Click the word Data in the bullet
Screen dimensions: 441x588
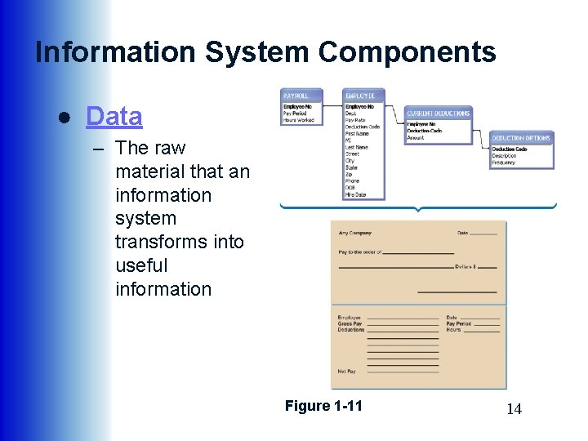[114, 117]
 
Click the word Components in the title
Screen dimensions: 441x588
[407, 52]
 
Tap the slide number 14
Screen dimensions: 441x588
[514, 409]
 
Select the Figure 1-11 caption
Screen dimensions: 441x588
[323, 406]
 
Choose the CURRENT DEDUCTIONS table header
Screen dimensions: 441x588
[439, 114]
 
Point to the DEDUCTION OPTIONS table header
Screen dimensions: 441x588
[521, 138]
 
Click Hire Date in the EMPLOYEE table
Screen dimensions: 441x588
[356, 194]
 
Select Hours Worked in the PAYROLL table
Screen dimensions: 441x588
[299, 120]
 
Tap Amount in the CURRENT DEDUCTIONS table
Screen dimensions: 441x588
[416, 137]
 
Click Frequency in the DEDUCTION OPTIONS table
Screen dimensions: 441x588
[504, 163]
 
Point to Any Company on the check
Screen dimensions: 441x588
[355, 233]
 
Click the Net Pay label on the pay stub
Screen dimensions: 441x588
[347, 372]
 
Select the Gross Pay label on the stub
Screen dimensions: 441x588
[350, 323]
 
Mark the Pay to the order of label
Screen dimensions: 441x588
[359, 252]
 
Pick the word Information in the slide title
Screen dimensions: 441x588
[115, 52]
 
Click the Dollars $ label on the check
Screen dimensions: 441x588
[465, 267]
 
